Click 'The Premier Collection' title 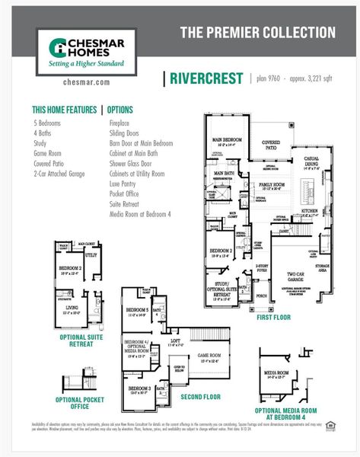click(257, 32)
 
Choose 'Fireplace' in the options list click(119, 122)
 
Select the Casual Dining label click(312, 161)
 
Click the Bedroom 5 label click(137, 310)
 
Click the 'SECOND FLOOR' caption click(201, 396)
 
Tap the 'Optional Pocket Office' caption click(79, 403)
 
